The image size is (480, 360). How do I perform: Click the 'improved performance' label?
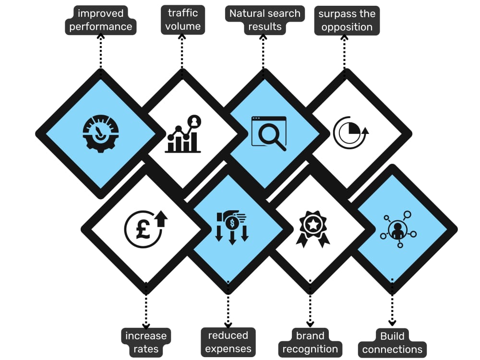[x=100, y=20]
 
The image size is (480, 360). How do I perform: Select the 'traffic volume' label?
[x=183, y=20]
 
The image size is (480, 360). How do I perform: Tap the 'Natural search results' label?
[x=265, y=20]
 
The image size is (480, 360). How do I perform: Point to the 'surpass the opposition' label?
[x=347, y=21]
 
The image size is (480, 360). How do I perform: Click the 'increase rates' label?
[x=146, y=342]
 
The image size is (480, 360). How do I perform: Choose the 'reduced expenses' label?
[x=228, y=342]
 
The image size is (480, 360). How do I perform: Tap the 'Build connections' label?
[x=392, y=343]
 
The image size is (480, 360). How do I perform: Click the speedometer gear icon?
[x=101, y=133]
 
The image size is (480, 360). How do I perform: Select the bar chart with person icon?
[x=183, y=134]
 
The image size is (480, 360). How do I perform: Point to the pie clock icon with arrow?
[x=351, y=132]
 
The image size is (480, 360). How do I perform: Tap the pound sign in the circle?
[x=143, y=229]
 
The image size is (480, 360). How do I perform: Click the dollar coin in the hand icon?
[x=232, y=223]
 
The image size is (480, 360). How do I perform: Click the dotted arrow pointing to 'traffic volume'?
[x=182, y=51]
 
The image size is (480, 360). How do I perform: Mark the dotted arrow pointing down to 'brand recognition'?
[x=310, y=303]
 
